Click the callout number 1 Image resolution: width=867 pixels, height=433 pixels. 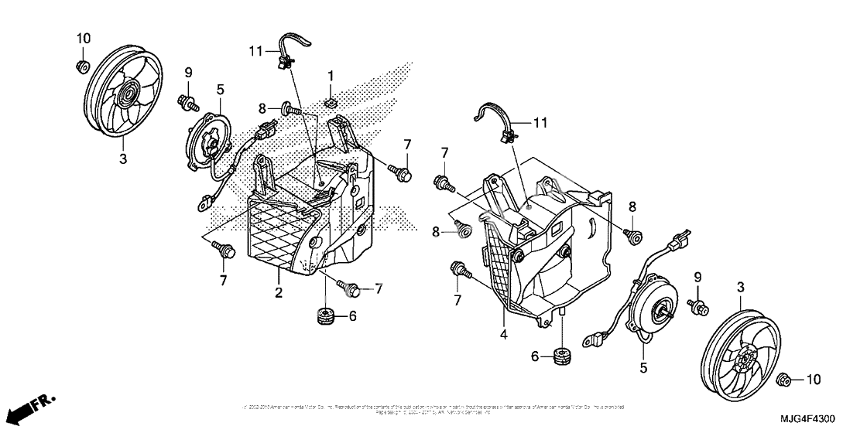tap(330, 76)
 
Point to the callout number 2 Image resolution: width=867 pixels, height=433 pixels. tap(279, 292)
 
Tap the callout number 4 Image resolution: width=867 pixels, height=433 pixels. tap(505, 335)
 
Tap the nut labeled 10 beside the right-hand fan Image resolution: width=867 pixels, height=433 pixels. tap(783, 379)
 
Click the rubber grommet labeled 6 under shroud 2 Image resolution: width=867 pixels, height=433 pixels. tap(325, 316)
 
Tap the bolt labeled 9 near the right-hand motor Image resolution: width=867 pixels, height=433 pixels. tap(701, 308)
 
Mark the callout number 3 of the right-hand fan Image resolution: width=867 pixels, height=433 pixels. tap(741, 288)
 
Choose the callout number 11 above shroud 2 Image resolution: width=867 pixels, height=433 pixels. tap(255, 51)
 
